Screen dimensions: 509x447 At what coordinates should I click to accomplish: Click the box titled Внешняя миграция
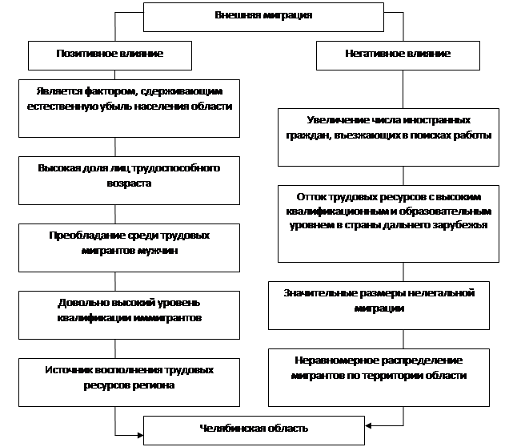pyautogui.click(x=263, y=17)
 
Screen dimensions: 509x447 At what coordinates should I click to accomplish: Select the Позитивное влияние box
pyautogui.click(x=110, y=55)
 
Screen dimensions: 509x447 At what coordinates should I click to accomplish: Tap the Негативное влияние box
pyautogui.click(x=398, y=55)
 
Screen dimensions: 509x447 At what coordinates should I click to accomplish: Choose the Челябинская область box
pyautogui.click(x=254, y=430)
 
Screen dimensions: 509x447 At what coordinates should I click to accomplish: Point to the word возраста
pyautogui.click(x=129, y=183)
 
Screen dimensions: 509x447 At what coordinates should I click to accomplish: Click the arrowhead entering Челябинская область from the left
pyautogui.click(x=141, y=435)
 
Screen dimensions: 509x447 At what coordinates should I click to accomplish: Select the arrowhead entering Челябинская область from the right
pyautogui.click(x=368, y=425)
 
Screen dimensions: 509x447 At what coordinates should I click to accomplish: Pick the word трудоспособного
pyautogui.click(x=175, y=168)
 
